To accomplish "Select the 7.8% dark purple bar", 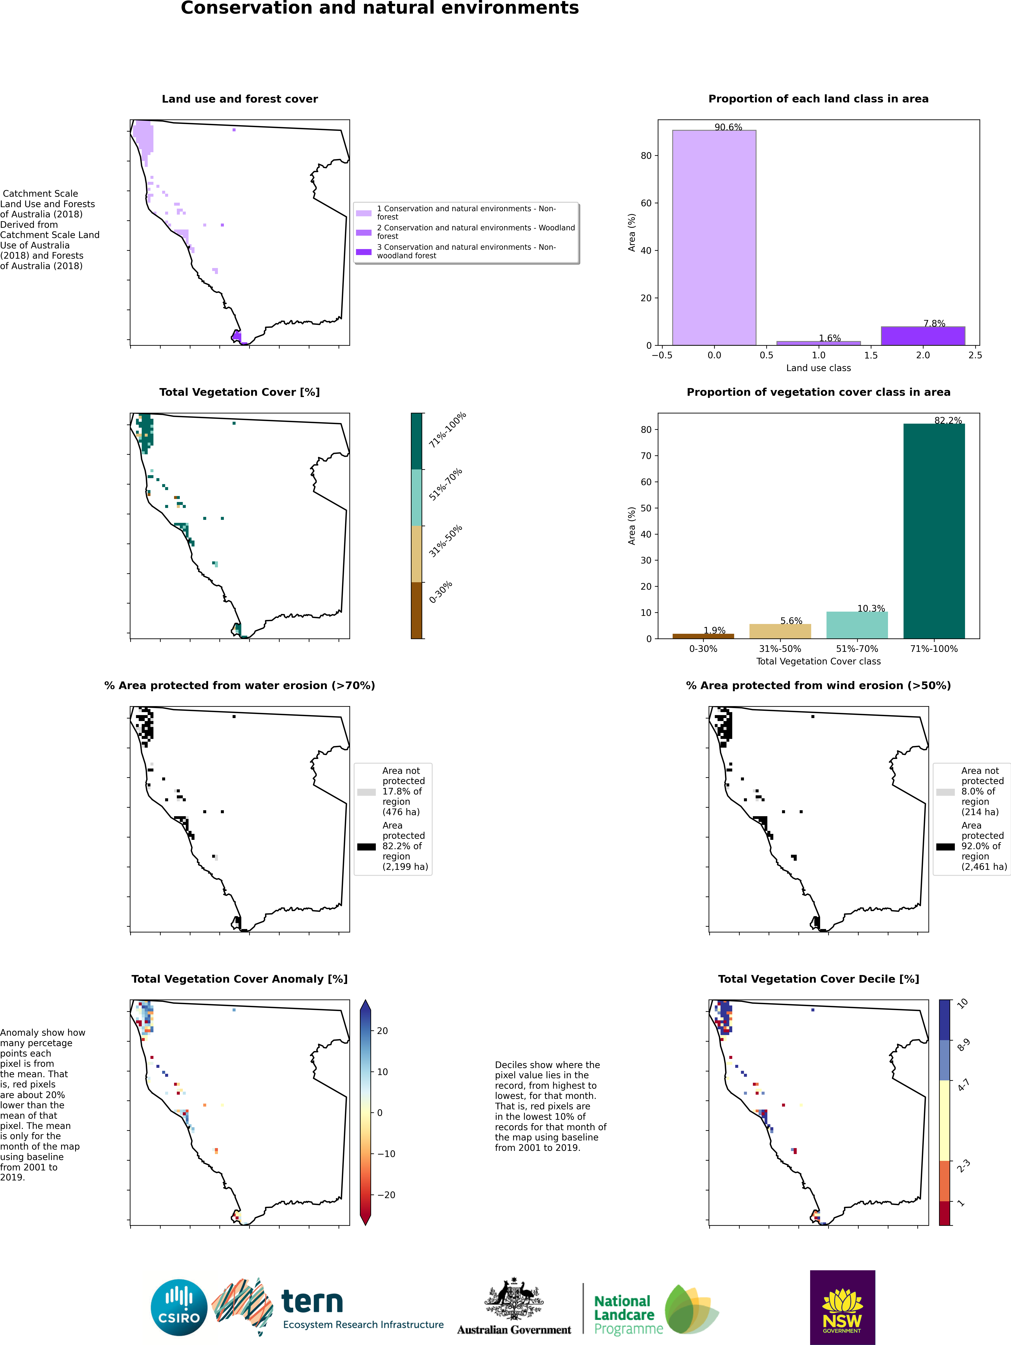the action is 923,336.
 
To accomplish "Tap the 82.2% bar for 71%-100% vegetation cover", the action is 934,531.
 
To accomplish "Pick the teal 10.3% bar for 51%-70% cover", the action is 857,625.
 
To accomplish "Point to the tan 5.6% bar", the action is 780,631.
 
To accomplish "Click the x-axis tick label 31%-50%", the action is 780,649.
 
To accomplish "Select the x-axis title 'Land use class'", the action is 818,368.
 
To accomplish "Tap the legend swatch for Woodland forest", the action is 363,232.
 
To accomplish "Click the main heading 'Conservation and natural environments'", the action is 380,8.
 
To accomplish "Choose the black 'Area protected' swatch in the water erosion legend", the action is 367,846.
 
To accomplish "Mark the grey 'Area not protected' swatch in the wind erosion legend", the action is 945,792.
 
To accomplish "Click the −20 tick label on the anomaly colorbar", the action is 386,1195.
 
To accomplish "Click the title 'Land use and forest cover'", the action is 240,99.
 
